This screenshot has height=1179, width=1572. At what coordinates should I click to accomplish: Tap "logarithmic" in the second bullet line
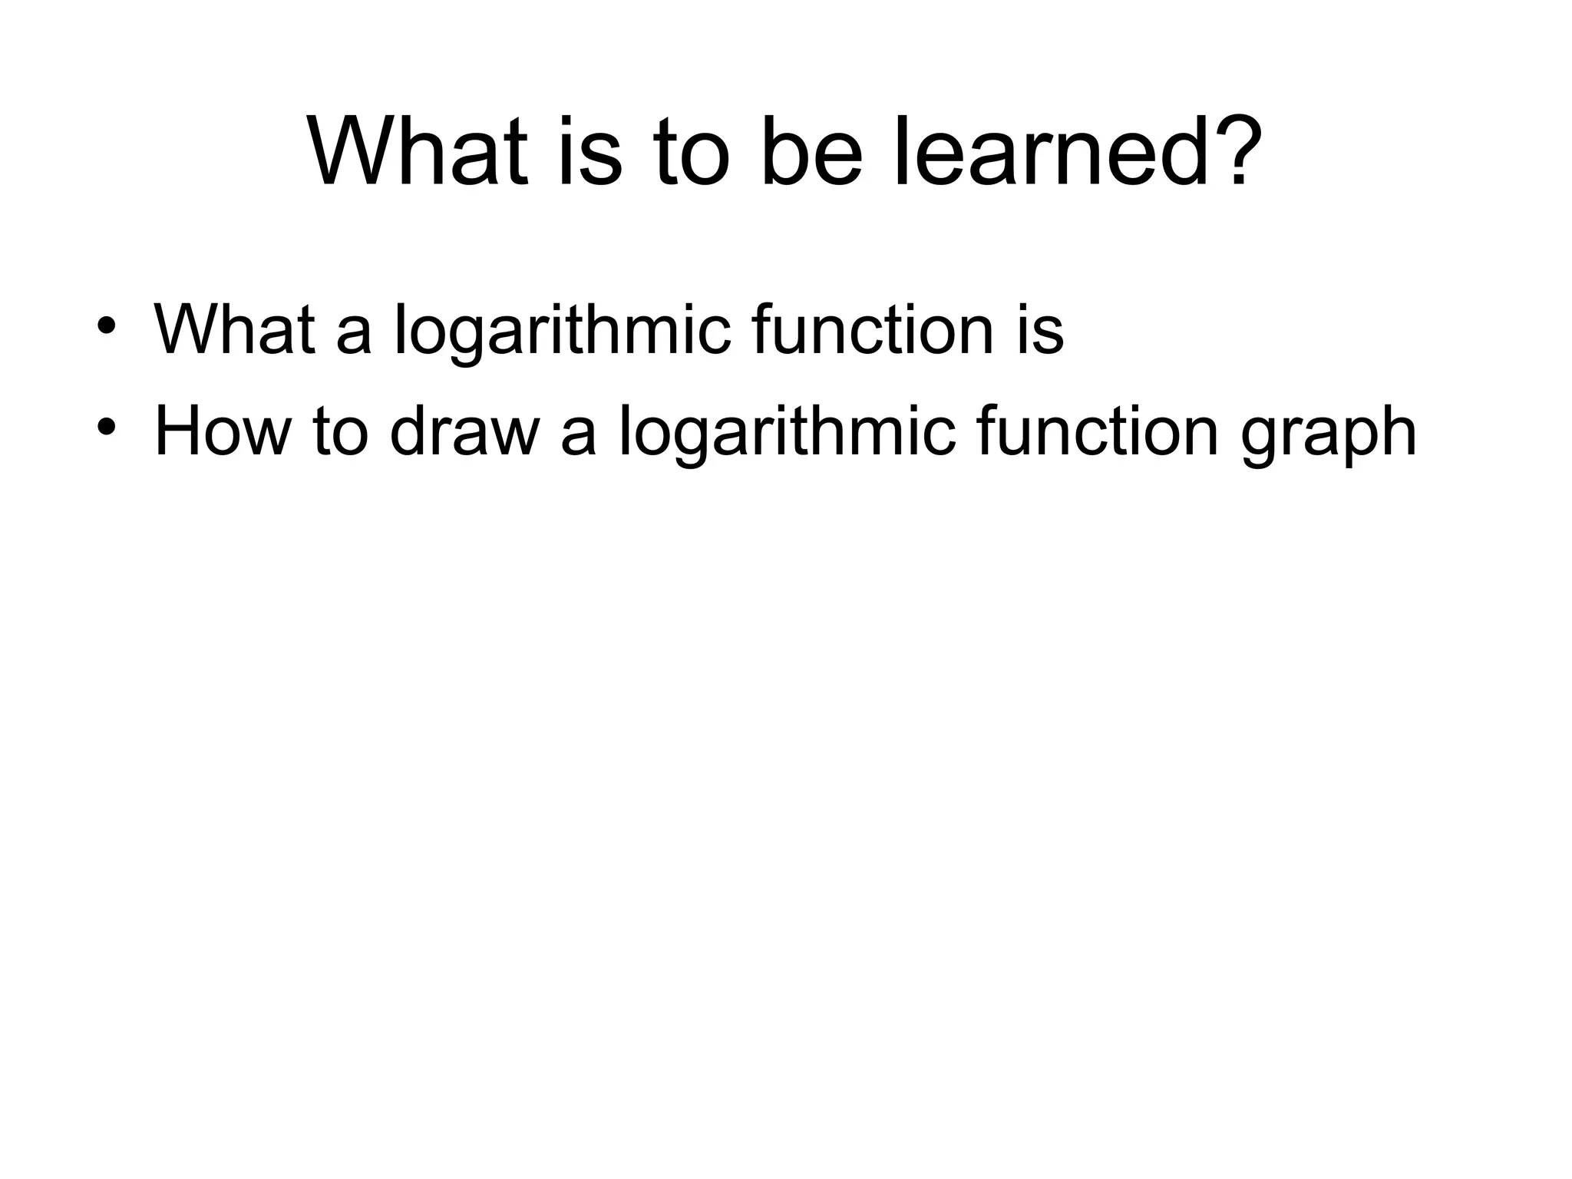[x=786, y=432]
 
